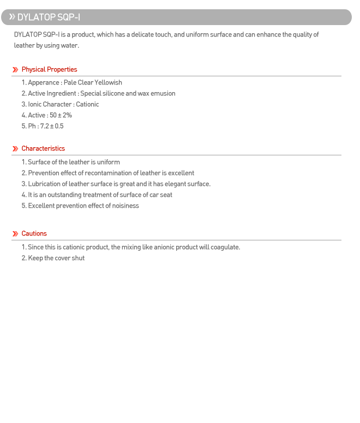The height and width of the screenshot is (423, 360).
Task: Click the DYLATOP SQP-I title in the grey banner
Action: tap(49, 17)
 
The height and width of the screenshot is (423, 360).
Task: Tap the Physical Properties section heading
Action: tap(49, 70)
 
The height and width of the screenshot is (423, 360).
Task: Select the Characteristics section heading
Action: tap(43, 149)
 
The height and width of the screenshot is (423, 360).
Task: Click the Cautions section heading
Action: tap(34, 234)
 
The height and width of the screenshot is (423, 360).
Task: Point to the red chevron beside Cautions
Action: tap(15, 234)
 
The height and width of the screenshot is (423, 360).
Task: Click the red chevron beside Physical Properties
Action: tap(15, 70)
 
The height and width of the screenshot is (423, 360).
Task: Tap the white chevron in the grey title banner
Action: tap(11, 17)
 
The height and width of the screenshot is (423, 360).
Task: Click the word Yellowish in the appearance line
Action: tap(108, 83)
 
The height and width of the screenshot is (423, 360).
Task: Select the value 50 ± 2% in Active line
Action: tap(61, 116)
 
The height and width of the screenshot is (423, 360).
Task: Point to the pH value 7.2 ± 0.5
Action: tap(52, 126)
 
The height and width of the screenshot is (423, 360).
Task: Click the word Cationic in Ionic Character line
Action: tap(87, 105)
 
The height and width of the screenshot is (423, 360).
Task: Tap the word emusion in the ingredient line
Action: tap(163, 94)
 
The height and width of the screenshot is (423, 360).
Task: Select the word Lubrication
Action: tap(45, 184)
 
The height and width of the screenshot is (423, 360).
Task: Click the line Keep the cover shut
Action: tap(56, 258)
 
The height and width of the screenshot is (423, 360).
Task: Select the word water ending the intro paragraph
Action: tap(69, 46)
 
